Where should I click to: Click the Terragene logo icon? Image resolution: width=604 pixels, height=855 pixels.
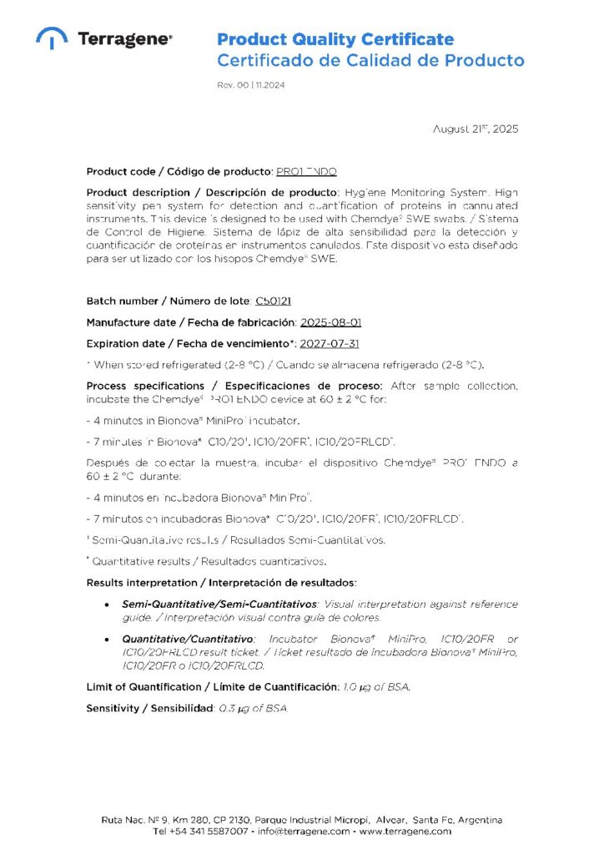pyautogui.click(x=52, y=38)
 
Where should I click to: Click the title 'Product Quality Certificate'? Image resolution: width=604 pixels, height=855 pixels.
pyautogui.click(x=335, y=39)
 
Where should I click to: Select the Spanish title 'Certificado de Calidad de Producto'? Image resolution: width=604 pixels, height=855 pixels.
pyautogui.click(x=370, y=60)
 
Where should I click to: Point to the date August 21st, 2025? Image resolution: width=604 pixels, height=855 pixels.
pyautogui.click(x=476, y=129)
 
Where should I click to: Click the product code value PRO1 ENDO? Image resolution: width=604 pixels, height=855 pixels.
pyautogui.click(x=306, y=171)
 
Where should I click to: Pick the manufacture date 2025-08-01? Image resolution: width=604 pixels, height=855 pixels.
pyautogui.click(x=330, y=321)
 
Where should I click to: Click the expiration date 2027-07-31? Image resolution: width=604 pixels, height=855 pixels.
pyautogui.click(x=330, y=343)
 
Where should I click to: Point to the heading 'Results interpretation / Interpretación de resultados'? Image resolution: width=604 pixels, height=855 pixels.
pyautogui.click(x=222, y=581)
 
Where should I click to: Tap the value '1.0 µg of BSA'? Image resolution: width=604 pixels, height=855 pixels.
pyautogui.click(x=376, y=687)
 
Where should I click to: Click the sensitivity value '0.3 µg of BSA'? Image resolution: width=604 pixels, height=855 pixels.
pyautogui.click(x=252, y=708)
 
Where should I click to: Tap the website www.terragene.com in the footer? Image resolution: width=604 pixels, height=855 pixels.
pyautogui.click(x=406, y=831)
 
